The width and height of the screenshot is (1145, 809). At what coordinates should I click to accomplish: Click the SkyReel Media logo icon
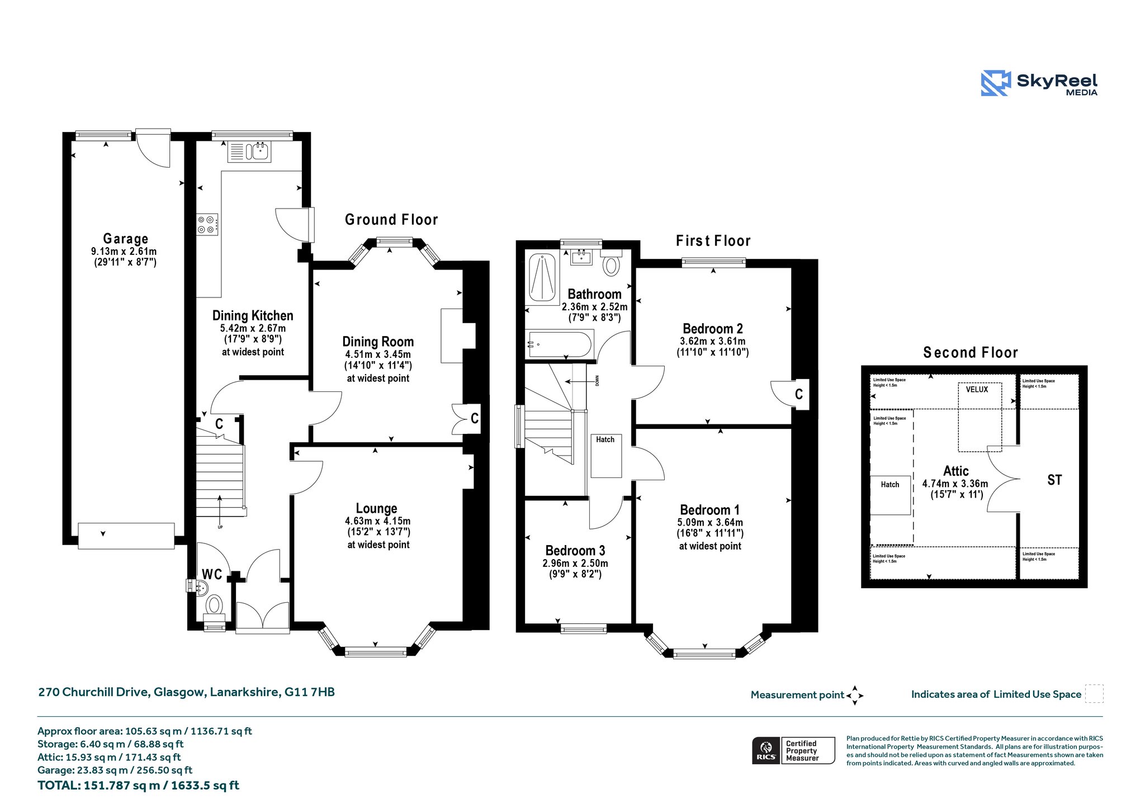coord(996,83)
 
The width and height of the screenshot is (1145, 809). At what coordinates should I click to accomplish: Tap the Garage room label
coord(126,239)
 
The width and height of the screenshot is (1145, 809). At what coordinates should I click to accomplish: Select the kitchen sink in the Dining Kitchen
coord(249,151)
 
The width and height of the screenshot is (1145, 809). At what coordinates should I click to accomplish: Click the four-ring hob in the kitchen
coord(207,224)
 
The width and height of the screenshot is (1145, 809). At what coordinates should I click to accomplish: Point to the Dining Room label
coord(378,342)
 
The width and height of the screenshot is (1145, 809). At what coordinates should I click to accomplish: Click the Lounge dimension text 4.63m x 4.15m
coord(377,521)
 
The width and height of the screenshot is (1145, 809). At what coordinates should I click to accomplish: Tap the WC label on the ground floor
coord(212,574)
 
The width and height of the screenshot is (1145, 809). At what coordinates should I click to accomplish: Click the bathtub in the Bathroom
coord(560,345)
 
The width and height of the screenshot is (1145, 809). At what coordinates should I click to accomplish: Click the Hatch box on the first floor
coord(606,456)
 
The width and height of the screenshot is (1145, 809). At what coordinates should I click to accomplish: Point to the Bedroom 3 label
coord(575,551)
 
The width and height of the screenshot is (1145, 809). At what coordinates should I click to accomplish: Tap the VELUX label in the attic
coord(977,390)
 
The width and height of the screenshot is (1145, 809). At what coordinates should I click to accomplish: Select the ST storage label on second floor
coord(1054,480)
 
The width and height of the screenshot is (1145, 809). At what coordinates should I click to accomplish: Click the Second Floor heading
coord(970,353)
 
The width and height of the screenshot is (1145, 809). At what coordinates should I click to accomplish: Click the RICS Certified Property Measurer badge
coord(793,750)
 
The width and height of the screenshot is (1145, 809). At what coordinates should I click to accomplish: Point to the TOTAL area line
coord(138,786)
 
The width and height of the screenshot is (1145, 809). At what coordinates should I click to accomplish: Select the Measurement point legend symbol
coord(855,696)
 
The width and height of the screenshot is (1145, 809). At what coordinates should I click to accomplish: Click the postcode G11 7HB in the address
coord(310,692)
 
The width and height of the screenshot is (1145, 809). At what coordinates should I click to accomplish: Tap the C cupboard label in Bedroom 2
coord(799,394)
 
